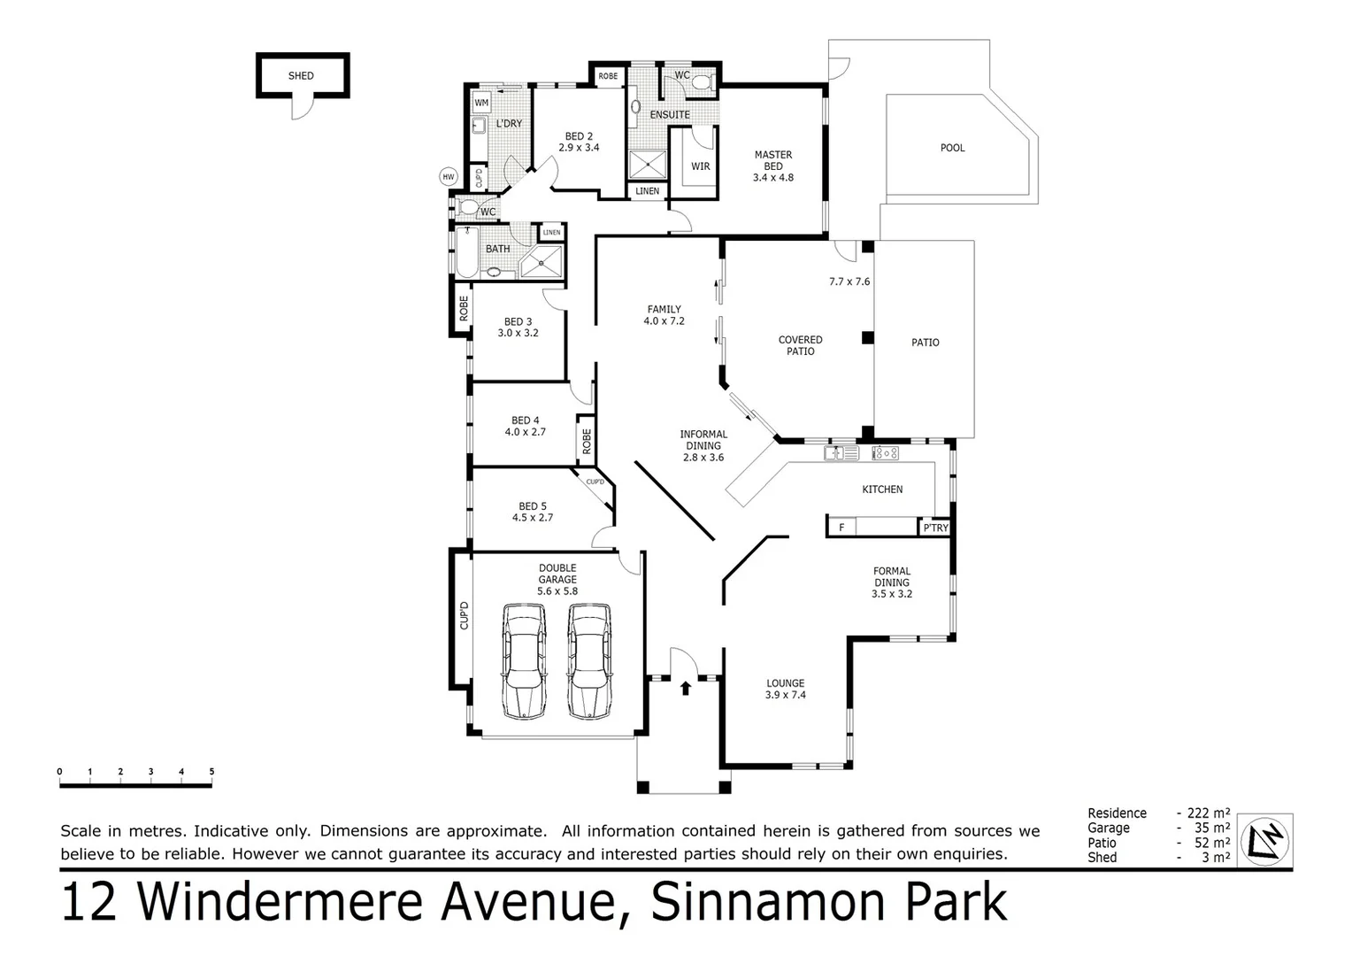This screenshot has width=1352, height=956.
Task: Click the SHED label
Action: (301, 76)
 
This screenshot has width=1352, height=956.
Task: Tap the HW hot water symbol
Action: (449, 177)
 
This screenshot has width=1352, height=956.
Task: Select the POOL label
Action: (952, 148)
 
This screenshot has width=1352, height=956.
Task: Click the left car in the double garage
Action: (524, 660)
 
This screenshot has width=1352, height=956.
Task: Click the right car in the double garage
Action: (588, 660)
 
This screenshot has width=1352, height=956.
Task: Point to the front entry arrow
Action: (686, 687)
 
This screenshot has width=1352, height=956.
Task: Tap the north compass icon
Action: (1265, 839)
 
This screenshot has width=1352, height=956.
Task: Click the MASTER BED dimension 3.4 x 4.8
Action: (772, 177)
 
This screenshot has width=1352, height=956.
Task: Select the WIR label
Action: (700, 166)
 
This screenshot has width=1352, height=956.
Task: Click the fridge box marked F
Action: (841, 528)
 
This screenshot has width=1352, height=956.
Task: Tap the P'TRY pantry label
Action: (935, 528)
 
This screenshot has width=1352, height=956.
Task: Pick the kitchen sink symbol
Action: (841, 453)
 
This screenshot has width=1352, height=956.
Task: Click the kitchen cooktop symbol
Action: (886, 453)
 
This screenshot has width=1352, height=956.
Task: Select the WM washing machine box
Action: (481, 103)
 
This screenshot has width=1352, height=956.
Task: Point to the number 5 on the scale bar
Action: (211, 772)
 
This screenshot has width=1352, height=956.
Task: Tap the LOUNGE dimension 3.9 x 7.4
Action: (785, 695)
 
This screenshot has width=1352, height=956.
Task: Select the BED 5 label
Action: (532, 506)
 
